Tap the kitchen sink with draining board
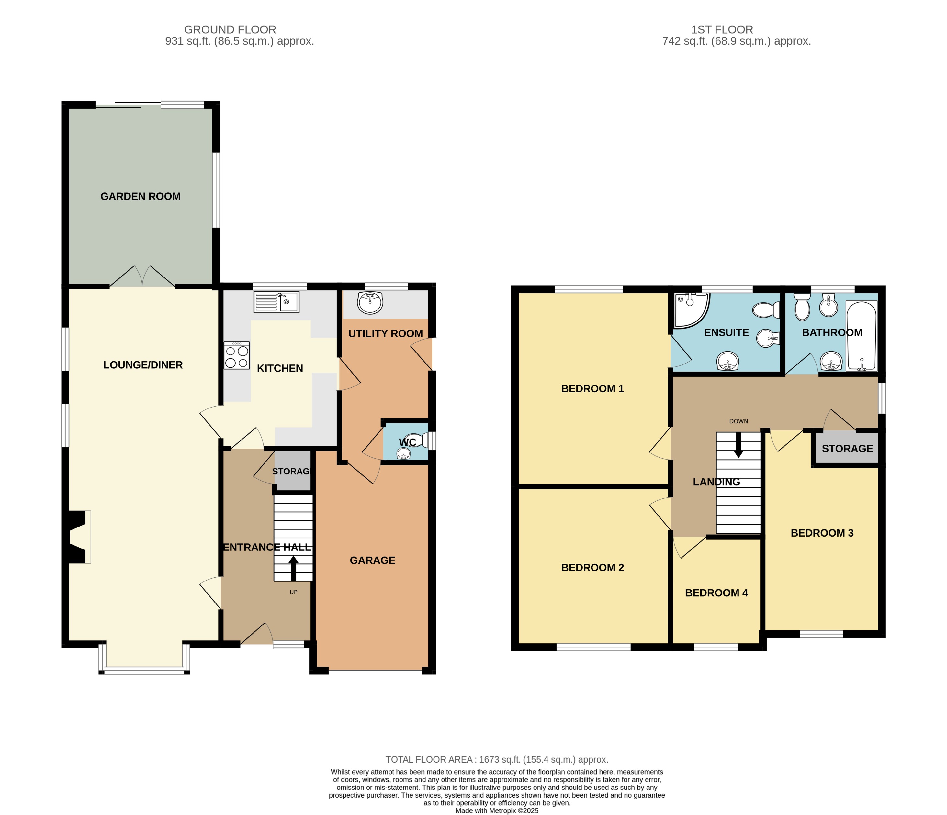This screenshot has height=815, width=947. point(276,302)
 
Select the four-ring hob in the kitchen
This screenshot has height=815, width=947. point(236,355)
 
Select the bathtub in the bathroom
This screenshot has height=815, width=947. point(861,336)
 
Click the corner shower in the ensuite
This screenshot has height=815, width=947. point(690,310)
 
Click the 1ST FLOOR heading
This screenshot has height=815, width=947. point(722,30)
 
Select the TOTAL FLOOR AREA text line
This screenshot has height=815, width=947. point(496,759)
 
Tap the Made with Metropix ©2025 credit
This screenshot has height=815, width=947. point(496,810)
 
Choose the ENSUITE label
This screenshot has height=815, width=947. point(726,332)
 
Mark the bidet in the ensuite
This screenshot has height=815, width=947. point(768,339)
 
